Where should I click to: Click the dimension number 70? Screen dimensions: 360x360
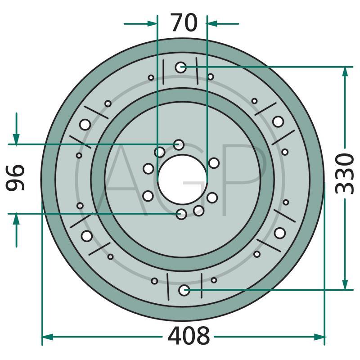pyautogui.click(x=184, y=22)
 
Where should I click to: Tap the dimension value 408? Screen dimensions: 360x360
pyautogui.click(x=189, y=336)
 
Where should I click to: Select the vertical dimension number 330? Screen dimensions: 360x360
pyautogui.click(x=344, y=174)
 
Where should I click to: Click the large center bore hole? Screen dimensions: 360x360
pyautogui.click(x=183, y=179)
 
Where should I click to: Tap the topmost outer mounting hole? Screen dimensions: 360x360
pyautogui.click(x=180, y=67)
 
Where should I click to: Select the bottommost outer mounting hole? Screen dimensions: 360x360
pyautogui.click(x=184, y=290)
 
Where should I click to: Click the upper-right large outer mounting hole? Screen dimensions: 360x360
pyautogui.click(x=278, y=121)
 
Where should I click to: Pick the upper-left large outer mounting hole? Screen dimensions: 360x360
pyautogui.click(x=85, y=125)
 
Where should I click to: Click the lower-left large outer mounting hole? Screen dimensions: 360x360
pyautogui.click(x=87, y=236)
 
